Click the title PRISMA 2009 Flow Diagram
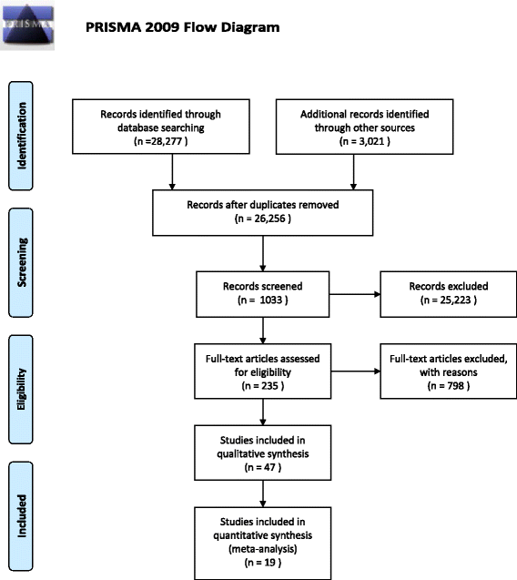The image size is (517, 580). point(182,27)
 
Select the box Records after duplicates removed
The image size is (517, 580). point(262,211)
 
